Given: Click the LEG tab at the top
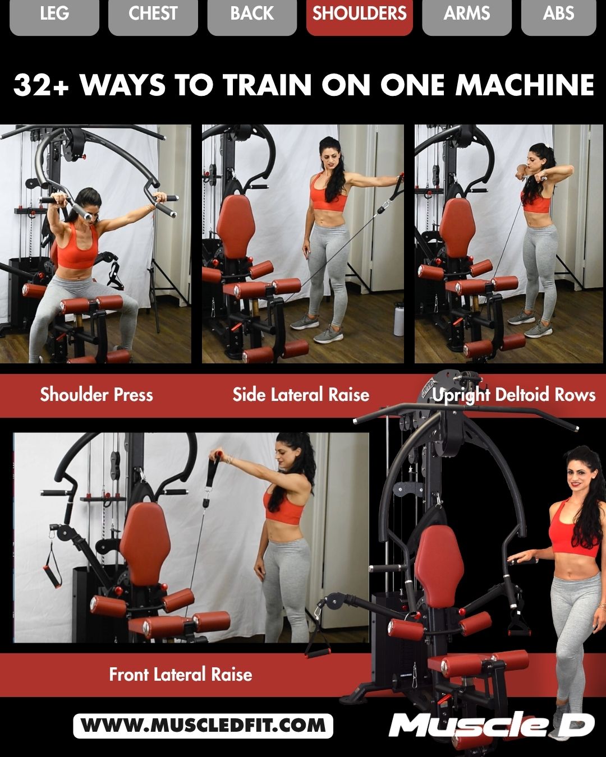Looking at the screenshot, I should tap(54, 14).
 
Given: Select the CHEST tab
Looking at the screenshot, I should tap(153, 14).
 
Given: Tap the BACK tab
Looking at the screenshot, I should tap(252, 14).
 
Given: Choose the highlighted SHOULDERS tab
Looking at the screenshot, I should tap(359, 14).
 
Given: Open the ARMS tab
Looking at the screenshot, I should tap(466, 14).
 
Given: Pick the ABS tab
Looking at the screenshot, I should tap(558, 14).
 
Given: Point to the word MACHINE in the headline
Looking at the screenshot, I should tap(524, 85).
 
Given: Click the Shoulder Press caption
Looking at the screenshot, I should tap(97, 395).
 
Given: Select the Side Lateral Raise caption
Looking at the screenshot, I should tap(301, 395).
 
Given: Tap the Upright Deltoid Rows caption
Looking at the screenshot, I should tap(513, 395).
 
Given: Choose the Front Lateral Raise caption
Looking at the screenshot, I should tap(181, 674).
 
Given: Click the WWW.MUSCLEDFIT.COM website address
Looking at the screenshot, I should tap(203, 726).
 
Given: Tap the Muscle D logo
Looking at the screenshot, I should tap(492, 724).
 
